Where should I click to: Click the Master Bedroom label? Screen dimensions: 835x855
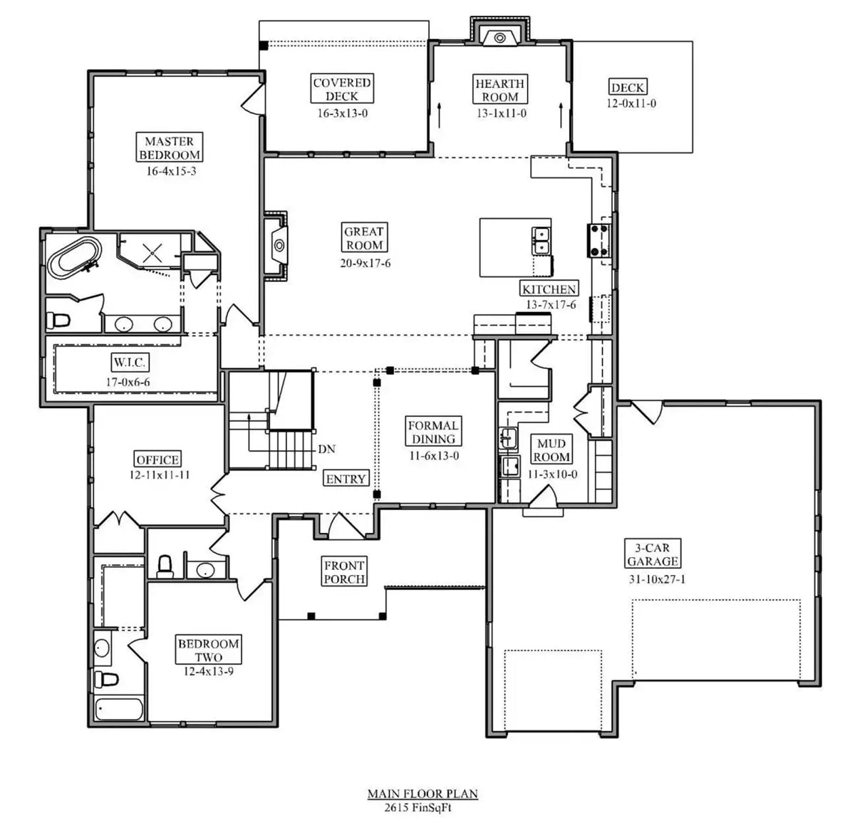click(x=170, y=148)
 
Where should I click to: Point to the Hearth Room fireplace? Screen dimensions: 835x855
click(x=499, y=36)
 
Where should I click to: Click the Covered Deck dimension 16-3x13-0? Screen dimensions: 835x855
click(x=342, y=113)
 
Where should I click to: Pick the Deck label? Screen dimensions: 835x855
click(x=628, y=88)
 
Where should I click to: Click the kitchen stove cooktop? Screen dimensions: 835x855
click(x=598, y=240)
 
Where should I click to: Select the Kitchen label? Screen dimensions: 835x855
click(x=549, y=289)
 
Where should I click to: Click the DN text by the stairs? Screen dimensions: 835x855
click(x=326, y=449)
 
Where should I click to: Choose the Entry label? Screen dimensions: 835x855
click(x=346, y=479)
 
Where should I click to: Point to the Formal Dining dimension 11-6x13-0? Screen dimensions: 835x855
click(x=433, y=456)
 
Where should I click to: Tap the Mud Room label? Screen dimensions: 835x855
click(x=552, y=450)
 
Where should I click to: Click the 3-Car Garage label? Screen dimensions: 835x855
click(x=653, y=554)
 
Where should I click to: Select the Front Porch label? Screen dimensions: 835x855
click(x=345, y=572)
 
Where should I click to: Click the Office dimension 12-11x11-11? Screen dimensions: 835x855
click(x=160, y=475)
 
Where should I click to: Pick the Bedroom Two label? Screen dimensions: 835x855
click(x=209, y=650)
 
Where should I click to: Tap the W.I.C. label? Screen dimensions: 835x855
click(x=129, y=363)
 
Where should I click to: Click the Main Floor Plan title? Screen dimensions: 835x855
click(x=423, y=794)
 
